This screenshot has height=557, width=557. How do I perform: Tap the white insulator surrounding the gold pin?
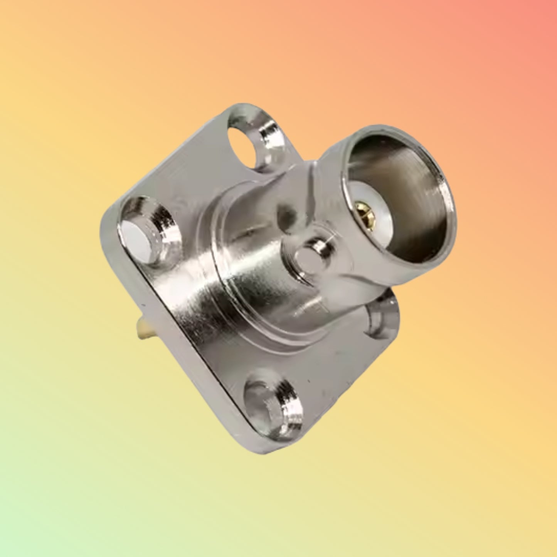tap(370, 200)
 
